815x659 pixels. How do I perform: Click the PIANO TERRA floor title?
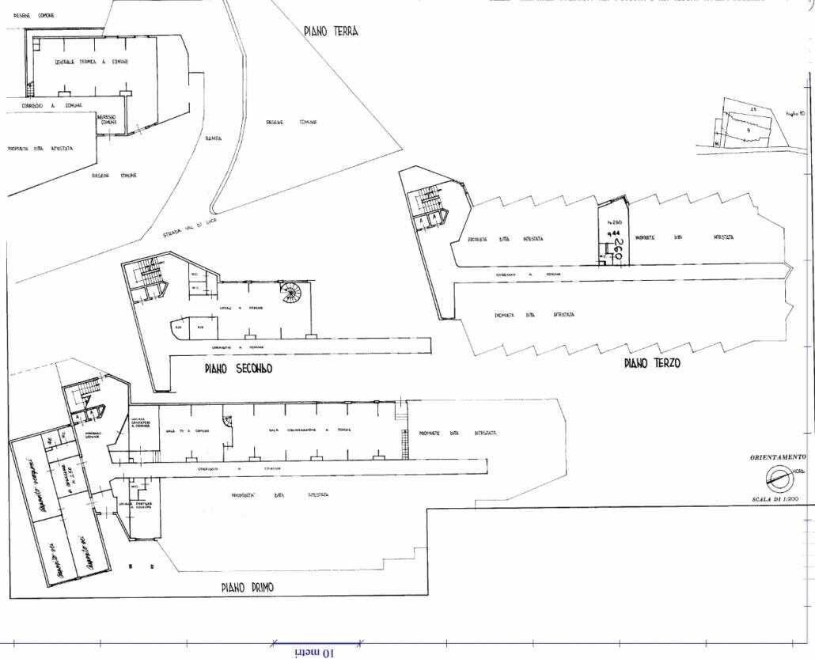coord(331,32)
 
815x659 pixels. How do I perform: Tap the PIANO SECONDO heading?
coord(238,369)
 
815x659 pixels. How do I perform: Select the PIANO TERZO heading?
coord(651,364)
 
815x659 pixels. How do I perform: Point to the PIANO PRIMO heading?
coord(252,588)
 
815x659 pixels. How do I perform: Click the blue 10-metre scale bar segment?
coord(317,642)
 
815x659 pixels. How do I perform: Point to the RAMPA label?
coord(214,138)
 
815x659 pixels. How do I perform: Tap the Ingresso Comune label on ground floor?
coord(108,119)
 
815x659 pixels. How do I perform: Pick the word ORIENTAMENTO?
coord(778,457)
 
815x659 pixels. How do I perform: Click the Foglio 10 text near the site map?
coord(794,115)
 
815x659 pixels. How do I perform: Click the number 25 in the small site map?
coord(754,108)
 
